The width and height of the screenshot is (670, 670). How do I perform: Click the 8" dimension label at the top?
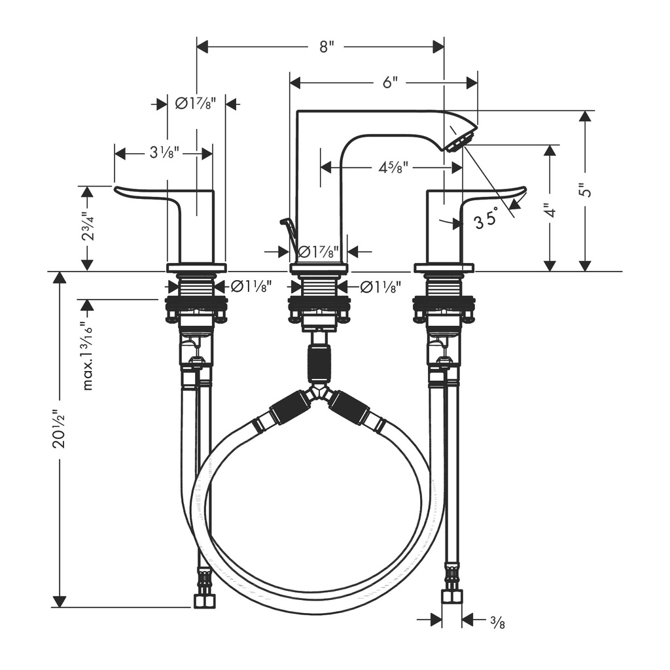[326, 46]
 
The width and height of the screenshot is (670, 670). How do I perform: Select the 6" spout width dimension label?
[389, 82]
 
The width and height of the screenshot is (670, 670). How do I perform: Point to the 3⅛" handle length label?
[164, 152]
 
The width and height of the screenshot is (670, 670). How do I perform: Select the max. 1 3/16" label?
[88, 357]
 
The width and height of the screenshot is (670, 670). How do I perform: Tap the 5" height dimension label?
[588, 190]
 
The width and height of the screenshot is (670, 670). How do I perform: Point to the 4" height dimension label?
[552, 210]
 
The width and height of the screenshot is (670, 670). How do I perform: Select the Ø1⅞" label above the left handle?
[196, 103]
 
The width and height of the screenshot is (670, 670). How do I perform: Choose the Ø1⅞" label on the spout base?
[319, 252]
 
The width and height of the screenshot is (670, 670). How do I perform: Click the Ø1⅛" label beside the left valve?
[251, 287]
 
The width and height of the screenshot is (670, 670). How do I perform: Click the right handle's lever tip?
[525, 188]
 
